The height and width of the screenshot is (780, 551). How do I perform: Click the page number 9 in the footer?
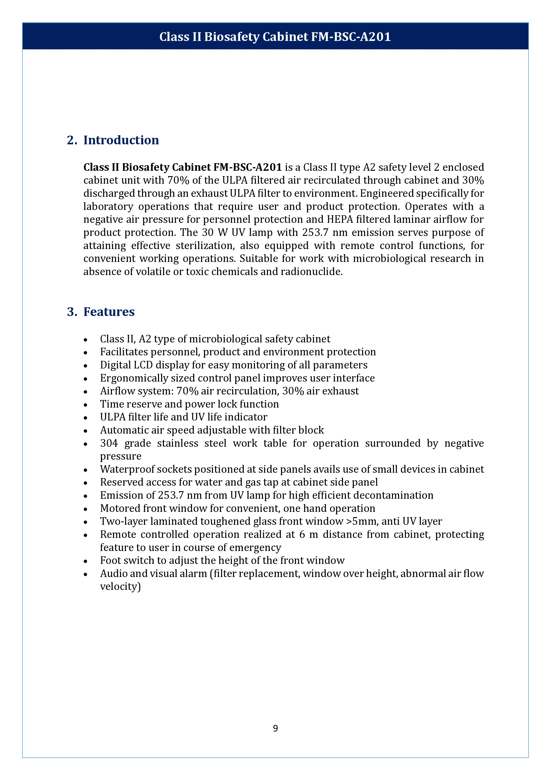coord(275,728)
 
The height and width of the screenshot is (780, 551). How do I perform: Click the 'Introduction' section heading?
coord(121,140)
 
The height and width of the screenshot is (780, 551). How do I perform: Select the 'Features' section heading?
coord(109,312)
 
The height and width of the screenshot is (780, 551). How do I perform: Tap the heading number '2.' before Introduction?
coord(72,140)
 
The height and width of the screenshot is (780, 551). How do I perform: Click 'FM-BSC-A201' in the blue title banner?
coord(351,37)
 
